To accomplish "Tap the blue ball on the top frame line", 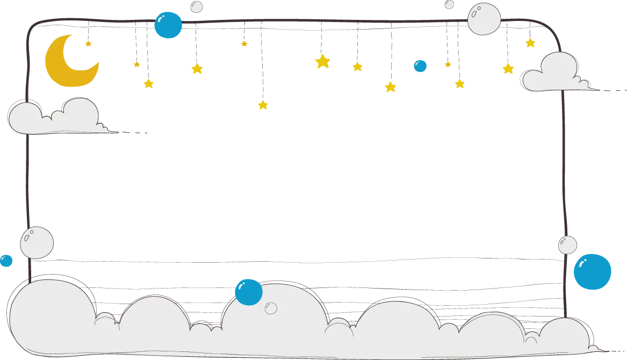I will (x=168, y=25).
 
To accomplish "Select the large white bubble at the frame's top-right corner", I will (x=484, y=19).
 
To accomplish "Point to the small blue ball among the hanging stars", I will (x=420, y=66).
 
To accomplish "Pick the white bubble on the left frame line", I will (x=37, y=242).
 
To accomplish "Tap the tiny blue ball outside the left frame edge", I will (x=6, y=261).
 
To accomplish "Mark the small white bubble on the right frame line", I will (x=567, y=245).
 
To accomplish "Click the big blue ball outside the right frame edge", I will (x=592, y=272).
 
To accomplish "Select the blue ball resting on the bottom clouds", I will (x=249, y=292).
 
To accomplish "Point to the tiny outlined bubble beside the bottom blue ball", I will (x=271, y=308).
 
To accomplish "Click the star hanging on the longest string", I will (x=263, y=105).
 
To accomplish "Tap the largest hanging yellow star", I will (x=322, y=61).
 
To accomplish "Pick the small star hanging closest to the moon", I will (x=88, y=44).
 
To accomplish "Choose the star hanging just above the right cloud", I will (x=530, y=43).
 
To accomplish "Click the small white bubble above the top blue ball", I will (x=197, y=6).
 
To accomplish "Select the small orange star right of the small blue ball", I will (x=448, y=64).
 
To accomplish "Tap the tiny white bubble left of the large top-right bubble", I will (x=449, y=4).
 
